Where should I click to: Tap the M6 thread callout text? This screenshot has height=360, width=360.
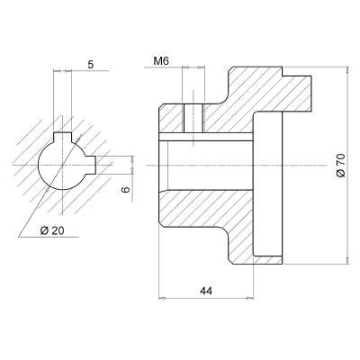pos(161,61)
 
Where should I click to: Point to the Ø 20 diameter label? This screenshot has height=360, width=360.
pos(53,230)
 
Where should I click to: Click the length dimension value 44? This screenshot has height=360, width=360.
pos(206,292)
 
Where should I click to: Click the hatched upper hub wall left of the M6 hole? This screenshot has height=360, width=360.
pos(171,117)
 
